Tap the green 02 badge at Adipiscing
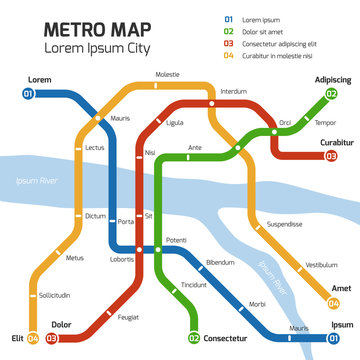331,93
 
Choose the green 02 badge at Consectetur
194,338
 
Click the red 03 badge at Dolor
51,338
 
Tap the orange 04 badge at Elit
33,338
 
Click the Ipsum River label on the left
36,180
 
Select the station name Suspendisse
284,225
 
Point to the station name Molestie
168,75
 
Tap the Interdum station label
233,91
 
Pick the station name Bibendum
219,261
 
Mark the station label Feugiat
129,317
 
